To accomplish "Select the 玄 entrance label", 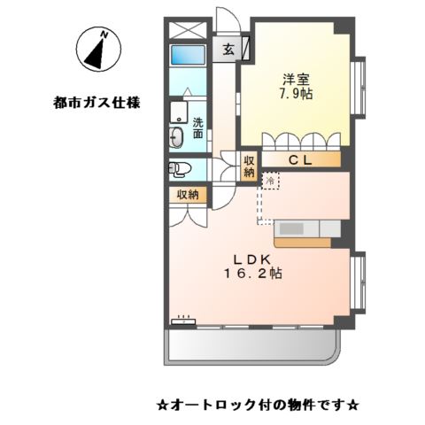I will point(228,50).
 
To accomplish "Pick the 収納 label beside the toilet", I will point(187,195).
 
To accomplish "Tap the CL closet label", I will point(299,160).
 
